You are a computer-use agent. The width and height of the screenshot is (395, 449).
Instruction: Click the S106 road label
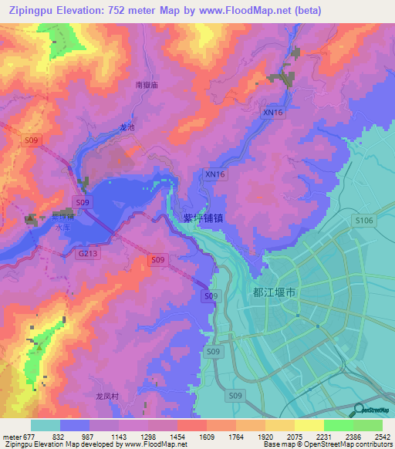(x=364, y=221)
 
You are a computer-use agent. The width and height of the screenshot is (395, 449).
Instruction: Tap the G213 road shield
(x=87, y=252)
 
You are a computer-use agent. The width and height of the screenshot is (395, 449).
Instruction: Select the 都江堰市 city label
(x=275, y=293)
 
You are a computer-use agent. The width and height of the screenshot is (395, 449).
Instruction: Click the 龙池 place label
(x=127, y=127)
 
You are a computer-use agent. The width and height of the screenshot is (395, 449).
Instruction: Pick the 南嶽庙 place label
(x=146, y=85)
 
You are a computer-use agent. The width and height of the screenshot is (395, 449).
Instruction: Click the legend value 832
(x=59, y=436)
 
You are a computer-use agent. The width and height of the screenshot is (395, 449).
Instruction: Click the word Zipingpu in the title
(x=30, y=11)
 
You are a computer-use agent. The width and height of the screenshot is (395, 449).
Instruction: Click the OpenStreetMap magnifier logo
(x=360, y=411)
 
